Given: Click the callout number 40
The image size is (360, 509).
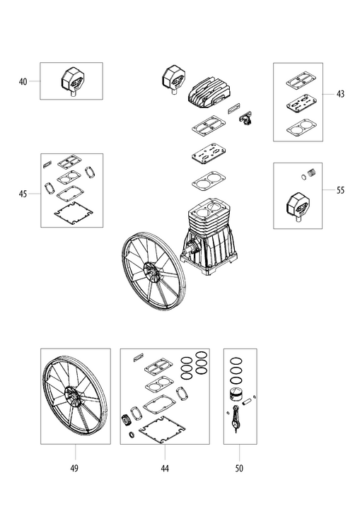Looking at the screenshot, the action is (x=23, y=81).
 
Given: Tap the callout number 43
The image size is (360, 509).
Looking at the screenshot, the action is (x=340, y=94).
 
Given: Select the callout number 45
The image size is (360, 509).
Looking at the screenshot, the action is (x=23, y=194).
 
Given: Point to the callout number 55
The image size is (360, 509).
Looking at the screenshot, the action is (x=340, y=190).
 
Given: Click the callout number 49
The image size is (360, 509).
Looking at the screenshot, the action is (x=74, y=468).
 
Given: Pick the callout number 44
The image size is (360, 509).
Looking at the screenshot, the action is (x=165, y=468).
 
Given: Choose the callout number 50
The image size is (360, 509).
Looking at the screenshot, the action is (x=239, y=468).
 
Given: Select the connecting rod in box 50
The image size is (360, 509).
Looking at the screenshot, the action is (x=236, y=419).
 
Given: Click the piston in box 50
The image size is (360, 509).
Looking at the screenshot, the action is (x=237, y=396).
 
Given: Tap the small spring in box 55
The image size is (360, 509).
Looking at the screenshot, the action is (x=312, y=172).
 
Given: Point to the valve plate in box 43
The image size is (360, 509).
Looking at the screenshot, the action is (x=301, y=103).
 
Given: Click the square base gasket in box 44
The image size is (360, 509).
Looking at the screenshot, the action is (x=161, y=429).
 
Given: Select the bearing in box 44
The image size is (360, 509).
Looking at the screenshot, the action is (x=125, y=421).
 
